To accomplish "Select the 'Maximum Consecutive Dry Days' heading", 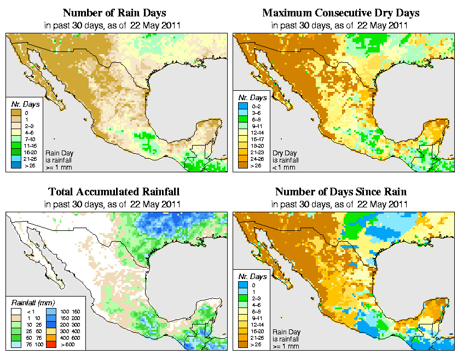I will point(341,13).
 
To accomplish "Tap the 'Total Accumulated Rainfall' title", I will point(113,192).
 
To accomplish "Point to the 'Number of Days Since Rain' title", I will point(341,192).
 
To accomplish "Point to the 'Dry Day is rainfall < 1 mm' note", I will point(287,158).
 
